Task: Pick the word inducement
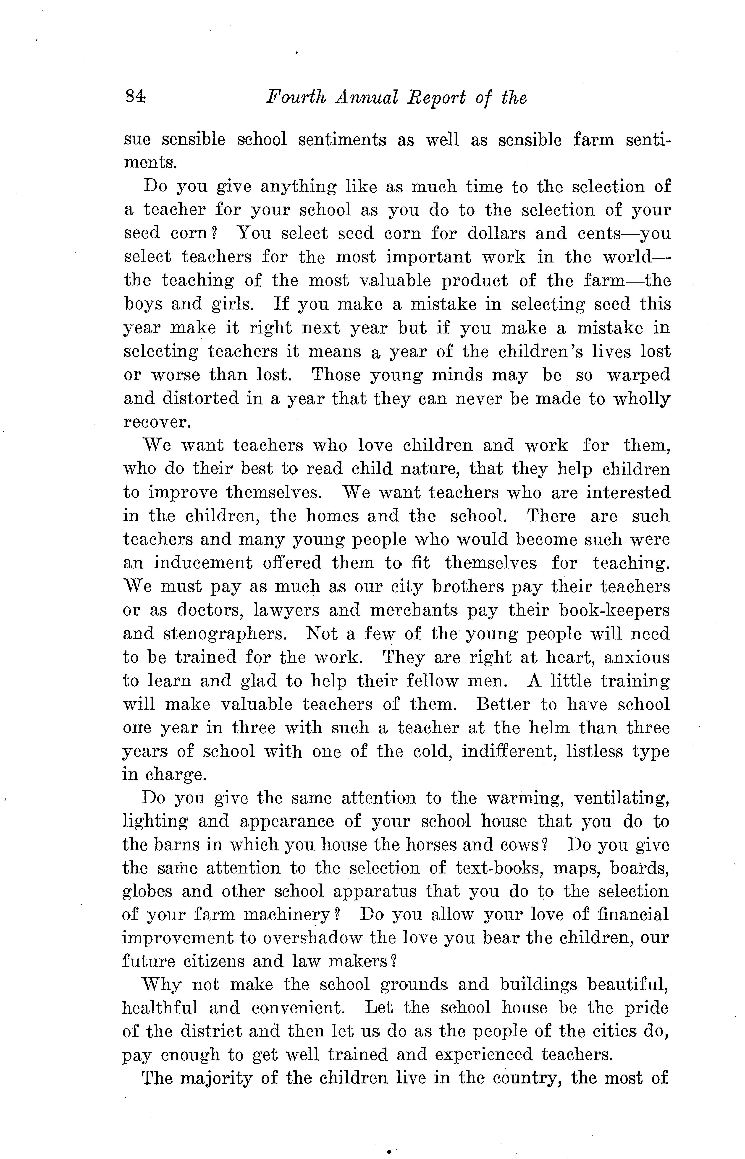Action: (203, 563)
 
